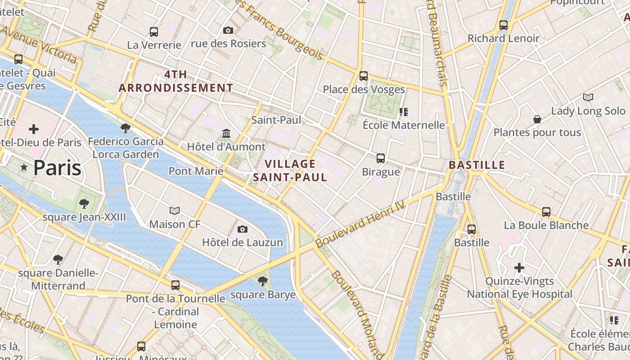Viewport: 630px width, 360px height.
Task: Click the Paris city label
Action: pyautogui.click(x=57, y=168)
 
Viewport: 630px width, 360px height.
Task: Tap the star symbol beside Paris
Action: pyautogui.click(x=24, y=167)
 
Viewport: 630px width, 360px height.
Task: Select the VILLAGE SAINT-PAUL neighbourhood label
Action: pyautogui.click(x=290, y=171)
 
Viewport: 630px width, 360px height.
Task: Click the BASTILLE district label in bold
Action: pyautogui.click(x=477, y=165)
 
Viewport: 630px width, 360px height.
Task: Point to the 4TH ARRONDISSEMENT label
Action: pyautogui.click(x=176, y=81)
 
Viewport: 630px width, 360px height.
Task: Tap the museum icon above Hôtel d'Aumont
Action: pyautogui.click(x=226, y=134)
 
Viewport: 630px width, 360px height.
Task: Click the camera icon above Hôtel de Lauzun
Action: pyautogui.click(x=243, y=229)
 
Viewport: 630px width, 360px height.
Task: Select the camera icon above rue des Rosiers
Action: pyautogui.click(x=228, y=31)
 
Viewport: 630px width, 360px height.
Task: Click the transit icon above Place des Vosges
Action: pyautogui.click(x=364, y=76)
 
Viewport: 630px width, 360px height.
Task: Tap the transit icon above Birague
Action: pyautogui.click(x=381, y=158)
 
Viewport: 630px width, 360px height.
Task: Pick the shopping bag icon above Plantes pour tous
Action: pyautogui.click(x=537, y=119)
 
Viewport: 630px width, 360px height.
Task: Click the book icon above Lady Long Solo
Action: pyautogui.click(x=588, y=97)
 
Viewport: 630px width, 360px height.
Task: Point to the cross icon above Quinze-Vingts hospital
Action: pyautogui.click(x=519, y=268)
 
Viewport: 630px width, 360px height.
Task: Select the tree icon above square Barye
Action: pyautogui.click(x=263, y=281)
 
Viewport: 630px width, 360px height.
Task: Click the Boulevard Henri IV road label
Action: pyautogui.click(x=360, y=223)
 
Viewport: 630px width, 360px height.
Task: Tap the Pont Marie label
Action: pyautogui.click(x=196, y=171)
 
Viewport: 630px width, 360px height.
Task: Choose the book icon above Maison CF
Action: pyautogui.click(x=175, y=211)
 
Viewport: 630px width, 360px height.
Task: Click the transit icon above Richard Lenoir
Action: pyautogui.click(x=504, y=25)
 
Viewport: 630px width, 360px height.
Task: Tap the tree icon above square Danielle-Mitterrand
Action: pyautogui.click(x=58, y=259)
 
